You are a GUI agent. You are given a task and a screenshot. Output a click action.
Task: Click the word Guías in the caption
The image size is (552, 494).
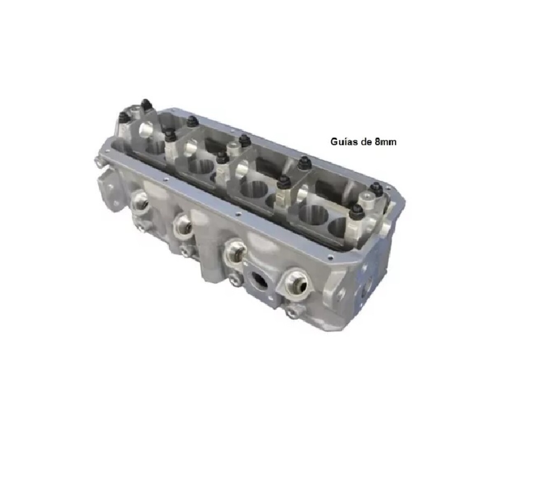pos(342,142)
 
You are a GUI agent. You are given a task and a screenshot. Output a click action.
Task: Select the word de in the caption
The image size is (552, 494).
pos(364,142)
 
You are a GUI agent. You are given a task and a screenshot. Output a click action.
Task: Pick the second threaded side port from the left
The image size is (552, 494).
pos(183,225)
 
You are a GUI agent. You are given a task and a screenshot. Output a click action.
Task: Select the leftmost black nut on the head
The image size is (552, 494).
pos(123,116)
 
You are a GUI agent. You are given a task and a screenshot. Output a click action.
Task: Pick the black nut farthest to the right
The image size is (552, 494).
pos(375,188)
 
